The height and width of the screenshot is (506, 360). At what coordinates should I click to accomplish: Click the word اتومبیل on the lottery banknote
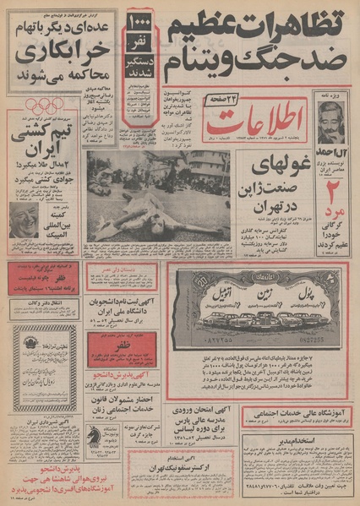pos(210,297)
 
